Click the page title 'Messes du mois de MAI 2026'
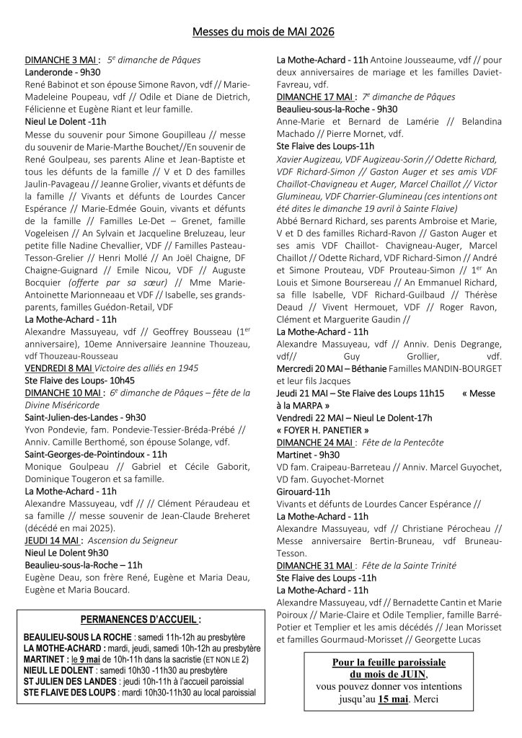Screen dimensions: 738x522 tap(263, 32)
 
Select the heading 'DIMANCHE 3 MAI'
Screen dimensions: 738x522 tap(63, 60)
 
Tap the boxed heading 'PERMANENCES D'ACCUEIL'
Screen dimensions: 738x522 tap(140, 619)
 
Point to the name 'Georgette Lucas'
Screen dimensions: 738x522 tap(459, 639)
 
